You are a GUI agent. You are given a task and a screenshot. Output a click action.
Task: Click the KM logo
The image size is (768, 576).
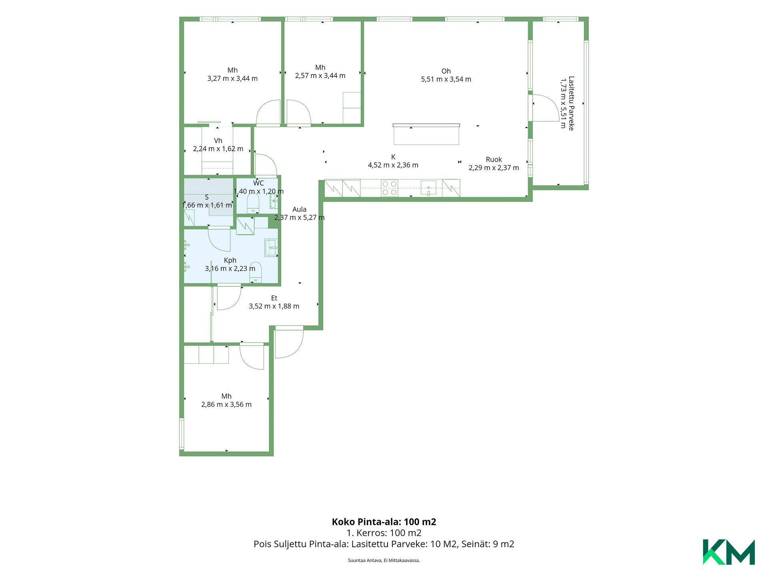coord(728,552)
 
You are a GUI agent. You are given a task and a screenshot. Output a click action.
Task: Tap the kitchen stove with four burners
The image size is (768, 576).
coord(389,188)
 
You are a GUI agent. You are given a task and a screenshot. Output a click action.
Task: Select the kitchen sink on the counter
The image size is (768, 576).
coord(428,188)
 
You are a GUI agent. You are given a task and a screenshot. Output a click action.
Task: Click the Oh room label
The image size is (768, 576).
coord(446,71)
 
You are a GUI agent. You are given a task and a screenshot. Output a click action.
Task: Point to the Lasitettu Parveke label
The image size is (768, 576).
coord(571,103)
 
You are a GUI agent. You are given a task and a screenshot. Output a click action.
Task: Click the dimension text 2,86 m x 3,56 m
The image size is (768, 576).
coord(226,404)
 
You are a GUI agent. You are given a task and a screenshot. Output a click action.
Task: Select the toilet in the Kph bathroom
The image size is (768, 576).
coord(256,272)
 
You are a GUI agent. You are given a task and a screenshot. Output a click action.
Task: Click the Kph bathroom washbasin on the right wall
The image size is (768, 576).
coord(271,248)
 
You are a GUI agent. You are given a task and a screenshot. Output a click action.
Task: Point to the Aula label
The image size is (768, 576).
coord(299,209)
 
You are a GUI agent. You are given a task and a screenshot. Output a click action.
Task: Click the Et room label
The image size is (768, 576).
coord(274,298)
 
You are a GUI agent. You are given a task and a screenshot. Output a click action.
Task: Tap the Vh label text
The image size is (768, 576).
coord(218,141)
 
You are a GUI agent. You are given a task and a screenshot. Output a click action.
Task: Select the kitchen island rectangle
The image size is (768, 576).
coord(426,134)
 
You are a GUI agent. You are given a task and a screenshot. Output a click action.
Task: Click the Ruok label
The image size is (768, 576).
coord(494,160)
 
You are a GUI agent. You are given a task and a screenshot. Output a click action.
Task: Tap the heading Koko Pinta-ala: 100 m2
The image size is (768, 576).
coord(384,522)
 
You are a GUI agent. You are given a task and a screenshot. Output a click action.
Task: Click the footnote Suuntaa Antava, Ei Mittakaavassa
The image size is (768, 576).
coord(384,560)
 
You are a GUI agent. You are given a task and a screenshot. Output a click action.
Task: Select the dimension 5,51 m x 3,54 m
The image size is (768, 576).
coord(446,79)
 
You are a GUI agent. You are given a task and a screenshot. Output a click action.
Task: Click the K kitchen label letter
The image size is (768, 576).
coord(393,157)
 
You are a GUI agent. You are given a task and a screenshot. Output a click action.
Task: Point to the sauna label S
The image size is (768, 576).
coord(207,197)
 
